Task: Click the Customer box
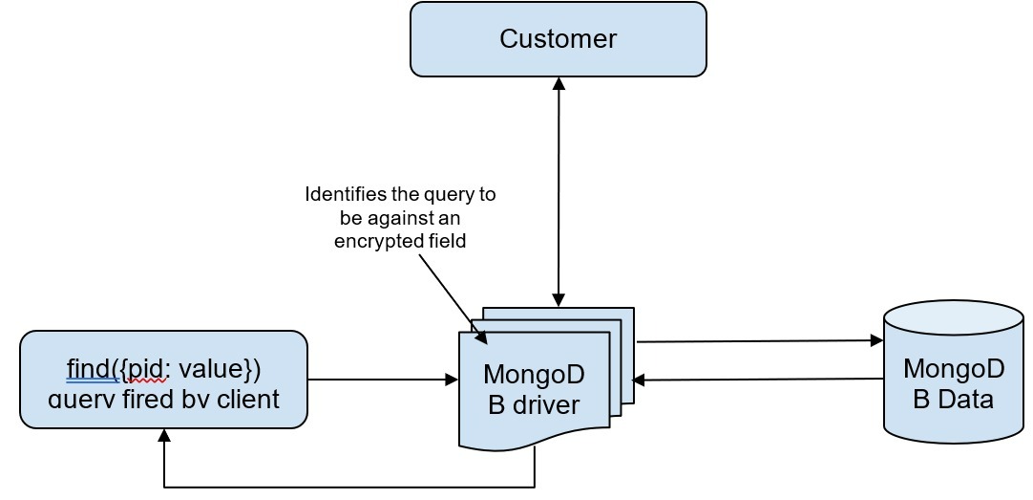(559, 39)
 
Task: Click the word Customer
(559, 39)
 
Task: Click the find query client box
(163, 380)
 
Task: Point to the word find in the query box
(89, 368)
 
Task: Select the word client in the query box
(247, 398)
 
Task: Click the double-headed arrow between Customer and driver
(559, 191)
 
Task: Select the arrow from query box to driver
(382, 380)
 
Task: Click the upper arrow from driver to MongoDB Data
(759, 341)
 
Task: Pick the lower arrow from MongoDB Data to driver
(759, 380)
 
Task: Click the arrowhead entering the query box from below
(164, 436)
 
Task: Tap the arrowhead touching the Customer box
(559, 84)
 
